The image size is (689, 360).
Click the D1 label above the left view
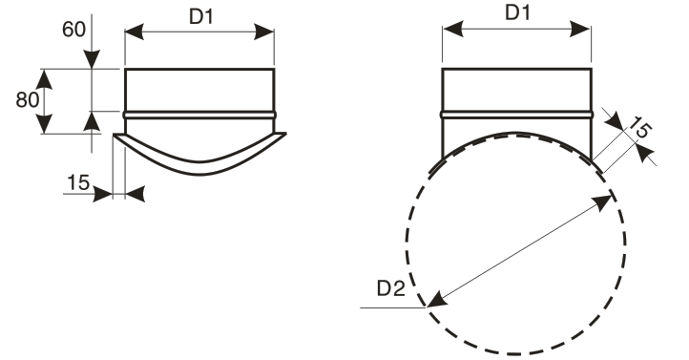pyautogui.click(x=201, y=16)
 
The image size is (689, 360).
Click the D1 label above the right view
pyautogui.click(x=517, y=12)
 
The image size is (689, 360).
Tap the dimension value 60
pyautogui.click(x=73, y=30)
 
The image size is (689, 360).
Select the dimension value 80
pyautogui.click(x=28, y=99)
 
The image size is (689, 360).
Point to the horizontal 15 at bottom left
pyautogui.click(x=78, y=182)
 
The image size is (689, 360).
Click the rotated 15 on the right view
pyautogui.click(x=639, y=128)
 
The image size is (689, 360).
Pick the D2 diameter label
pyautogui.click(x=390, y=288)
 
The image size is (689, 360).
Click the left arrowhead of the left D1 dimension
pyautogui.click(x=135, y=32)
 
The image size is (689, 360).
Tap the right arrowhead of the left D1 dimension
pyautogui.click(x=264, y=32)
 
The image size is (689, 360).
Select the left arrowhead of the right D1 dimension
pyautogui.click(x=453, y=29)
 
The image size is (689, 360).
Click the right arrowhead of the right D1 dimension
pyautogui.click(x=580, y=29)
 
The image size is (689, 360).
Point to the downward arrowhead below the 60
pyautogui.click(x=92, y=59)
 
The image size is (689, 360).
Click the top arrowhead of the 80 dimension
pyautogui.click(x=44, y=79)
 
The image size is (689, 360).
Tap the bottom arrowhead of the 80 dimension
pyautogui.click(x=44, y=123)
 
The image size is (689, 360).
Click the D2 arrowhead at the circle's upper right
pyautogui.click(x=602, y=202)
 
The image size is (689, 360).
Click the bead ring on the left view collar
pyautogui.click(x=200, y=116)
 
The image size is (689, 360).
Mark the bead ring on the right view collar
pyautogui.click(x=517, y=116)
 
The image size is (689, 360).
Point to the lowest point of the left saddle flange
pyautogui.click(x=200, y=175)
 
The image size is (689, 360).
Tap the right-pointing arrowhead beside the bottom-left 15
pyautogui.click(x=102, y=194)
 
